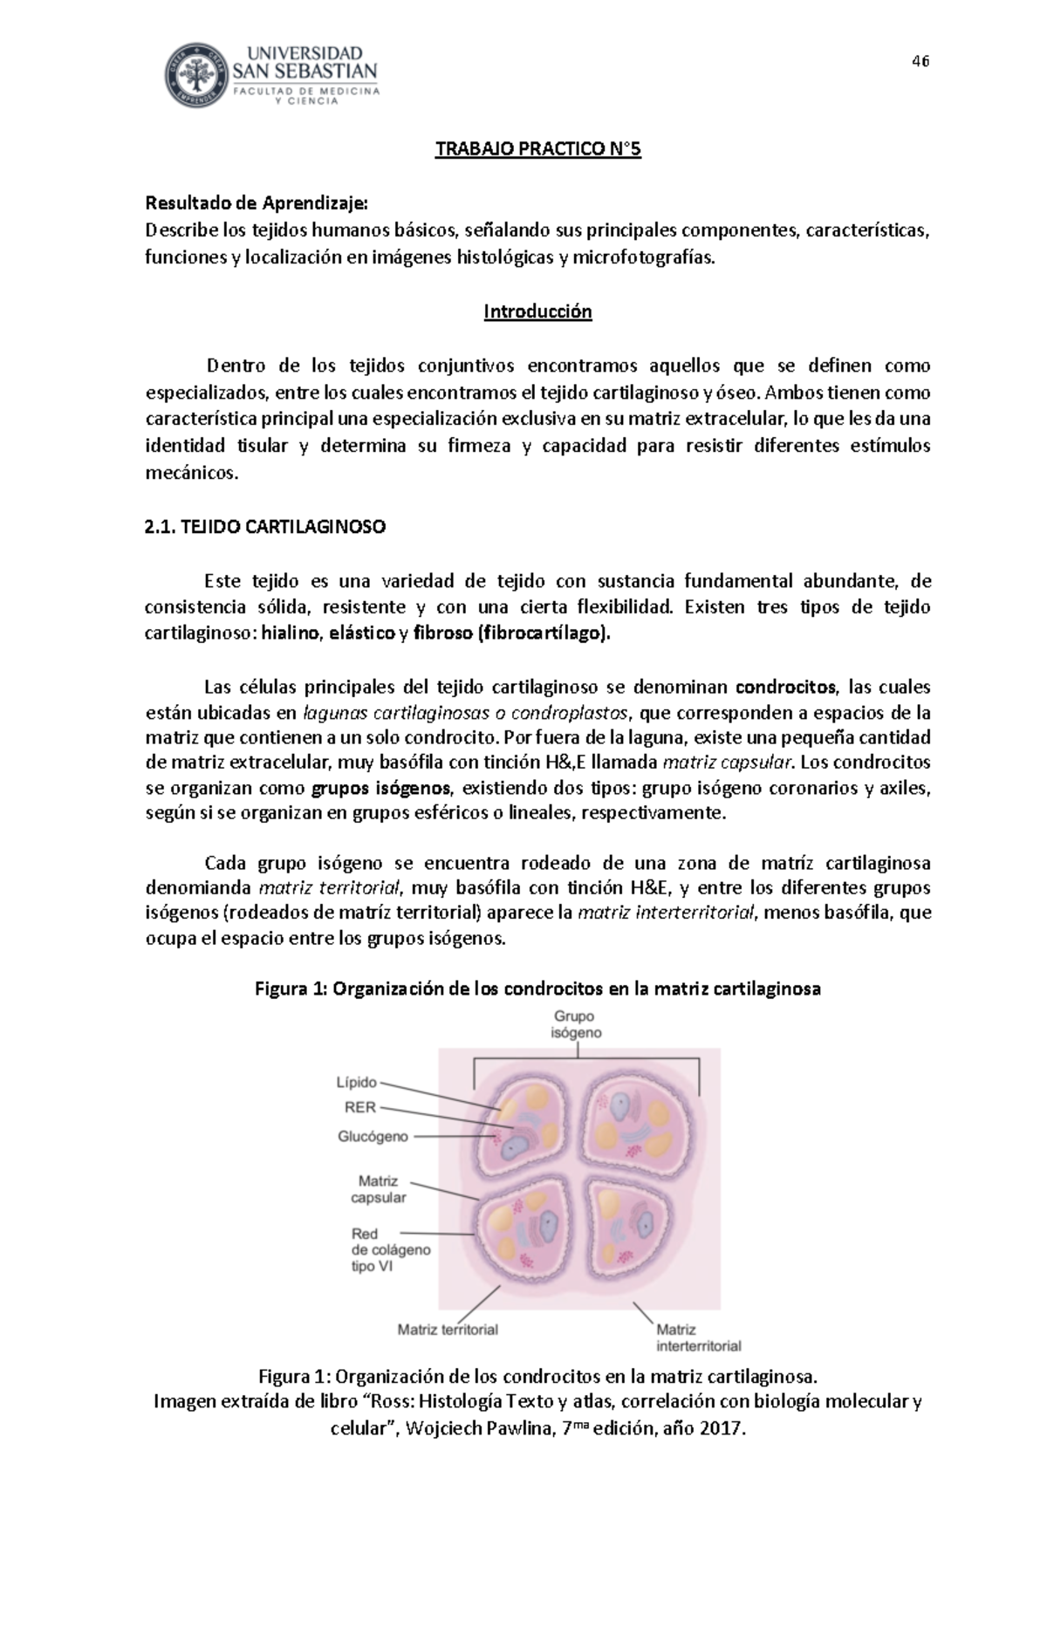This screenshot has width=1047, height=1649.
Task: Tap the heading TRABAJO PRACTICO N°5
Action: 538,149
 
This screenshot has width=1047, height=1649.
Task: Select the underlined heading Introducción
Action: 538,311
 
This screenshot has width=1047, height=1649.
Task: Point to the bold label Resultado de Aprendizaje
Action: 257,203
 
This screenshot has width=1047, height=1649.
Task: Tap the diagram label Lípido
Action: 357,1083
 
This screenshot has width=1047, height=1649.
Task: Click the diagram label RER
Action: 361,1108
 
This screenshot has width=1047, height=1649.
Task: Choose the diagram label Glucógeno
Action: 373,1137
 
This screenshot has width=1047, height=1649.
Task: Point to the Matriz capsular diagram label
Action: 378,1189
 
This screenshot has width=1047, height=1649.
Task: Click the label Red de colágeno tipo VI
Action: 389,1249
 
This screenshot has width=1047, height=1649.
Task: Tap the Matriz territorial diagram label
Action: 448,1330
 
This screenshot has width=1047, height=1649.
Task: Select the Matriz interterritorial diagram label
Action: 698,1338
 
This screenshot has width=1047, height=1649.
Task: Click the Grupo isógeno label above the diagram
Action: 575,1024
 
